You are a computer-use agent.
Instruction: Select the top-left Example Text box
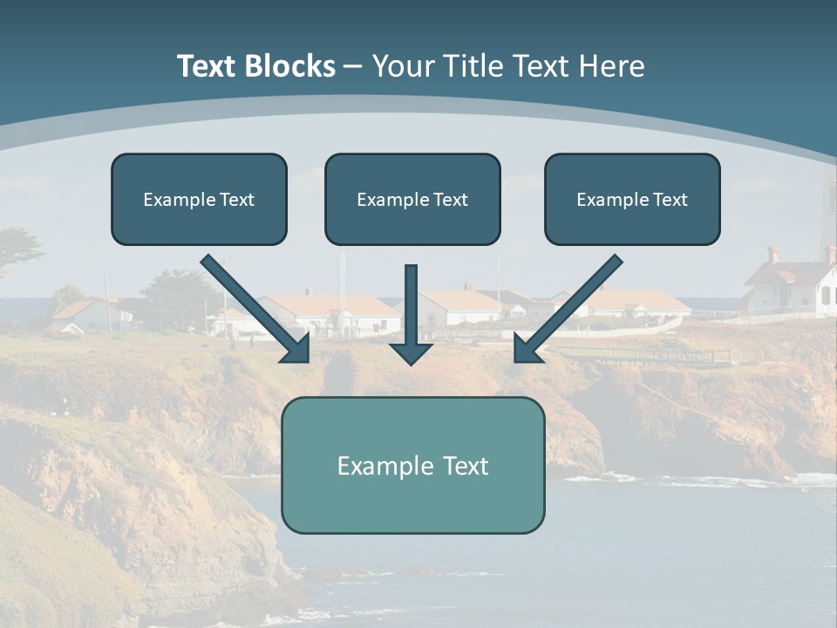click(199, 199)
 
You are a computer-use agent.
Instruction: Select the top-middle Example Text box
click(412, 199)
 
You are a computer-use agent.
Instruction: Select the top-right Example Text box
click(632, 199)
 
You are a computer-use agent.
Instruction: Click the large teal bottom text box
click(412, 465)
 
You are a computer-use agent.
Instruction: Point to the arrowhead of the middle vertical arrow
click(411, 352)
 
